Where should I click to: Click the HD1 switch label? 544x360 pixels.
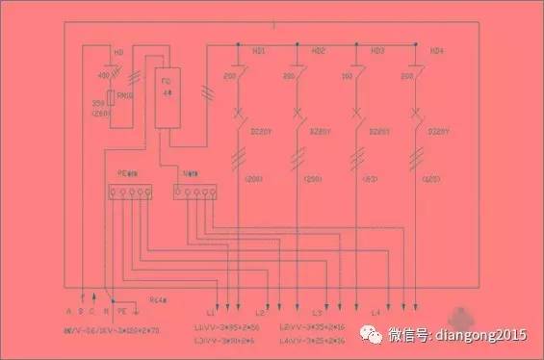[x=260, y=50]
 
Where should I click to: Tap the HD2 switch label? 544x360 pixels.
[x=319, y=50]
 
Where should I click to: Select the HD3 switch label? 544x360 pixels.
[x=377, y=50]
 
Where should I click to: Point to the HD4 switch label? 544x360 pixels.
[x=437, y=50]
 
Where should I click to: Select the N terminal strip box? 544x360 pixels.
[x=193, y=193]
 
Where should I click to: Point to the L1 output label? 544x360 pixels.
[x=211, y=314]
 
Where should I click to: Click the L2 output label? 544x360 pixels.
[x=260, y=314]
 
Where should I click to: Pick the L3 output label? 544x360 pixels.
[x=317, y=314]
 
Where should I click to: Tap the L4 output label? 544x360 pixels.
[x=376, y=314]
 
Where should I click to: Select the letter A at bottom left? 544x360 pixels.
[x=69, y=312]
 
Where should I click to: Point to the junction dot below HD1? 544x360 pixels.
[x=238, y=45]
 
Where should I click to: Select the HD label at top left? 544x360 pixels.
[x=118, y=50]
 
